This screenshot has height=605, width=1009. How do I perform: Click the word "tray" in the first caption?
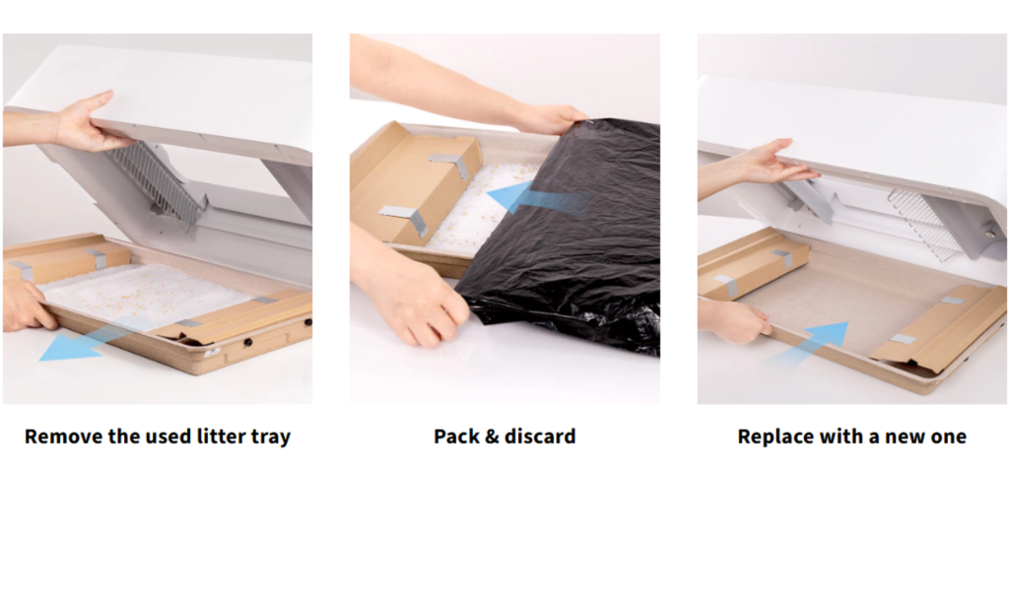(x=271, y=437)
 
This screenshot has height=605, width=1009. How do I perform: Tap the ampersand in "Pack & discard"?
(x=492, y=437)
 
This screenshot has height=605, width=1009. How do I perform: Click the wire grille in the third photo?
(x=925, y=226)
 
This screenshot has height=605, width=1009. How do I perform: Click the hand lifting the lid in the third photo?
(x=773, y=164)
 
